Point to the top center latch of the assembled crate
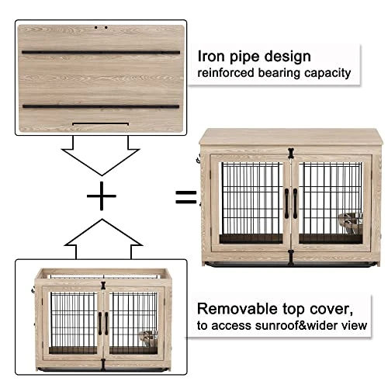point(293,152)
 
